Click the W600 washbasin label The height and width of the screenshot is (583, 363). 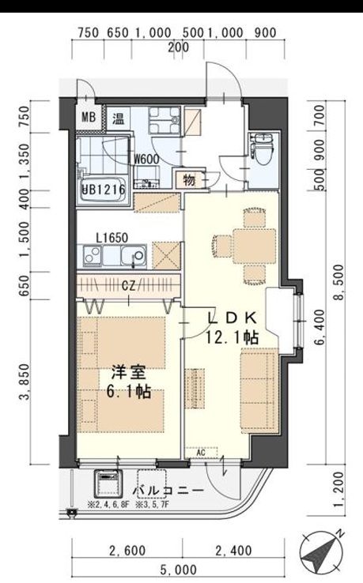(x=148, y=157)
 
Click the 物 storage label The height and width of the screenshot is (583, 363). (x=189, y=179)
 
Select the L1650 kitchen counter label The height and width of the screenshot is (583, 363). (x=112, y=236)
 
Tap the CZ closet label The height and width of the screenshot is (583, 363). (x=127, y=284)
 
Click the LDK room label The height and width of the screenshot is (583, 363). (x=233, y=318)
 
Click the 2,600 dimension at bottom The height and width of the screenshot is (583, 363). (x=126, y=550)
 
